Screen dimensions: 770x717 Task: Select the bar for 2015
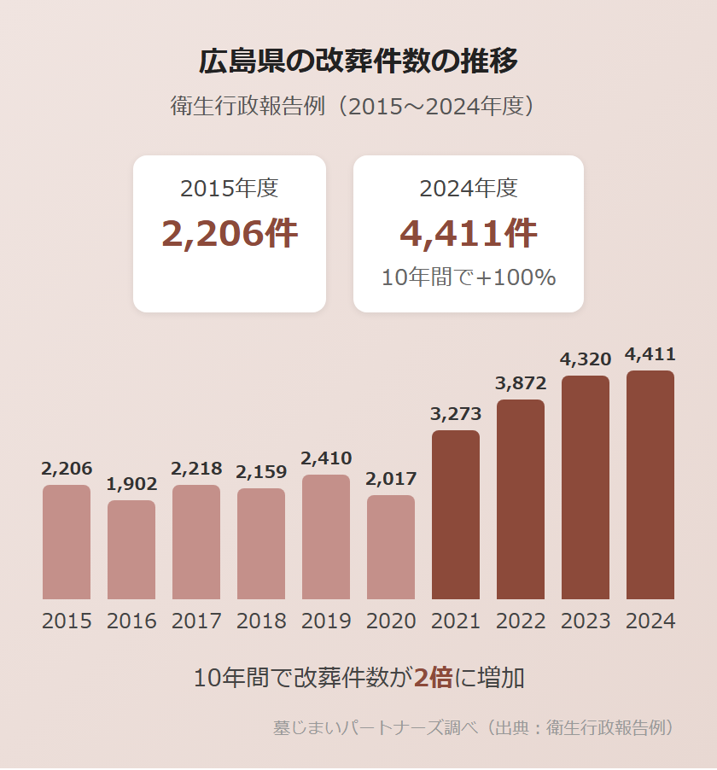(x=67, y=542)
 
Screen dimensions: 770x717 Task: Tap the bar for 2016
(x=131, y=550)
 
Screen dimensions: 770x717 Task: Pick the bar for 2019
(x=326, y=537)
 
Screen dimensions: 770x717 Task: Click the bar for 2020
(x=391, y=547)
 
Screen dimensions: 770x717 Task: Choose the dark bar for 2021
(x=456, y=515)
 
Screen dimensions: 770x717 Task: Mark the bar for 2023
(x=586, y=487)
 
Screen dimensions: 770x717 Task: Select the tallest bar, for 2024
(x=650, y=485)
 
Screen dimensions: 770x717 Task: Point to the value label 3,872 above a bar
(x=521, y=383)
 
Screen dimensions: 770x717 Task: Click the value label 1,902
(x=131, y=484)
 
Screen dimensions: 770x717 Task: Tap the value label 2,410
(x=326, y=458)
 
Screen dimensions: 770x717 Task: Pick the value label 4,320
(x=586, y=359)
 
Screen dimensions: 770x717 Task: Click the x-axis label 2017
(x=196, y=621)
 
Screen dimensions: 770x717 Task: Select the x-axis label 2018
(x=261, y=621)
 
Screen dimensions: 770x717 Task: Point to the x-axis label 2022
(x=521, y=621)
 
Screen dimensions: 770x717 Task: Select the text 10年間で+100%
(x=469, y=277)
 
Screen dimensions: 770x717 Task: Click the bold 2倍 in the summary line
(x=433, y=679)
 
